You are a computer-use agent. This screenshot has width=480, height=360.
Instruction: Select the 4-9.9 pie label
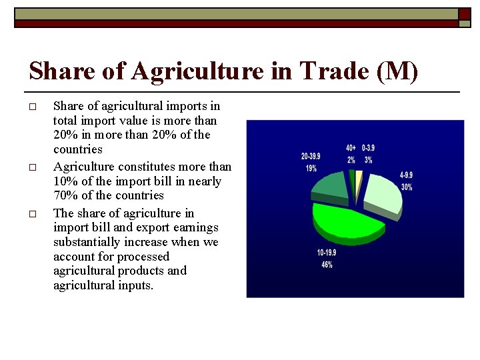[406, 175]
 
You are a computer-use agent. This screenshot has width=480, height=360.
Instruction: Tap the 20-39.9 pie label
[311, 157]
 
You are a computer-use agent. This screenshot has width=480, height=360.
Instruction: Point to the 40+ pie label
[351, 148]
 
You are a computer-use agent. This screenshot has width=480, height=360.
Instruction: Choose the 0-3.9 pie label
[368, 148]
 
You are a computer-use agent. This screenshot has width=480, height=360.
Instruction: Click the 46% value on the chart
[327, 265]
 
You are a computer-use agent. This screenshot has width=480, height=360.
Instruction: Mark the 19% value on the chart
[311, 168]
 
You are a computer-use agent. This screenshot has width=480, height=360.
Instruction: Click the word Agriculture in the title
[197, 70]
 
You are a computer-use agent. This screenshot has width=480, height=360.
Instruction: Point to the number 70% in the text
[66, 195]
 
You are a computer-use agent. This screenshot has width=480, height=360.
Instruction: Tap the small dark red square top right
[464, 13]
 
